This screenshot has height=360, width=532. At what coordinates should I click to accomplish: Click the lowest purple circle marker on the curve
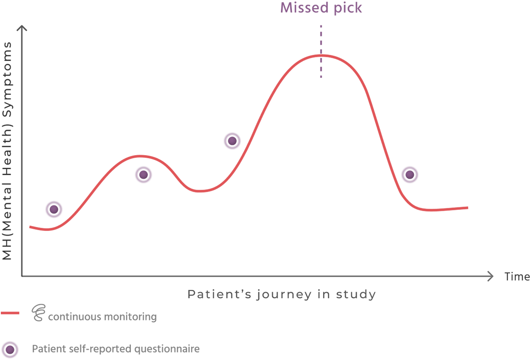click(x=54, y=208)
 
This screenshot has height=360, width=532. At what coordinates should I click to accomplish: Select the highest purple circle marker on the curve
click(x=232, y=139)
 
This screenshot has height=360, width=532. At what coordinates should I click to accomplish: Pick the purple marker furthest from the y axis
click(x=410, y=174)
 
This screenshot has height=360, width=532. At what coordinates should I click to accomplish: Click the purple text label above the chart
click(x=321, y=9)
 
